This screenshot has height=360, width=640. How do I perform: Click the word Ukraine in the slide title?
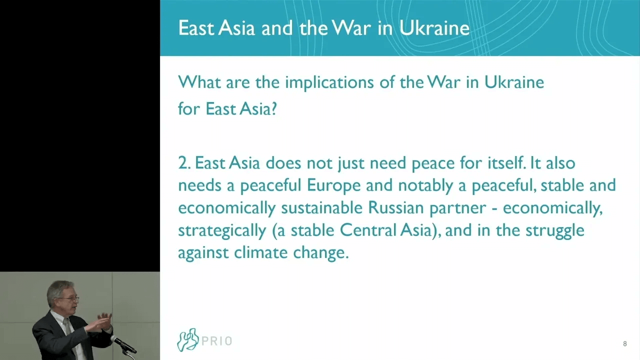click(434, 28)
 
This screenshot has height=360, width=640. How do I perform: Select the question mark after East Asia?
click(273, 109)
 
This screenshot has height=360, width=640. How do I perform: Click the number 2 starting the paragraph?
click(182, 163)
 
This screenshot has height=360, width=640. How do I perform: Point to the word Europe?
click(333, 185)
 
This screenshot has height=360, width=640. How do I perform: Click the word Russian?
click(396, 207)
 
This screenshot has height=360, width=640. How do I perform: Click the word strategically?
click(221, 230)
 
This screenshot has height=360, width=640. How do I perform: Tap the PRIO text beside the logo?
click(217, 341)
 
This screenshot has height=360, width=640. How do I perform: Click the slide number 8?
click(624, 344)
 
